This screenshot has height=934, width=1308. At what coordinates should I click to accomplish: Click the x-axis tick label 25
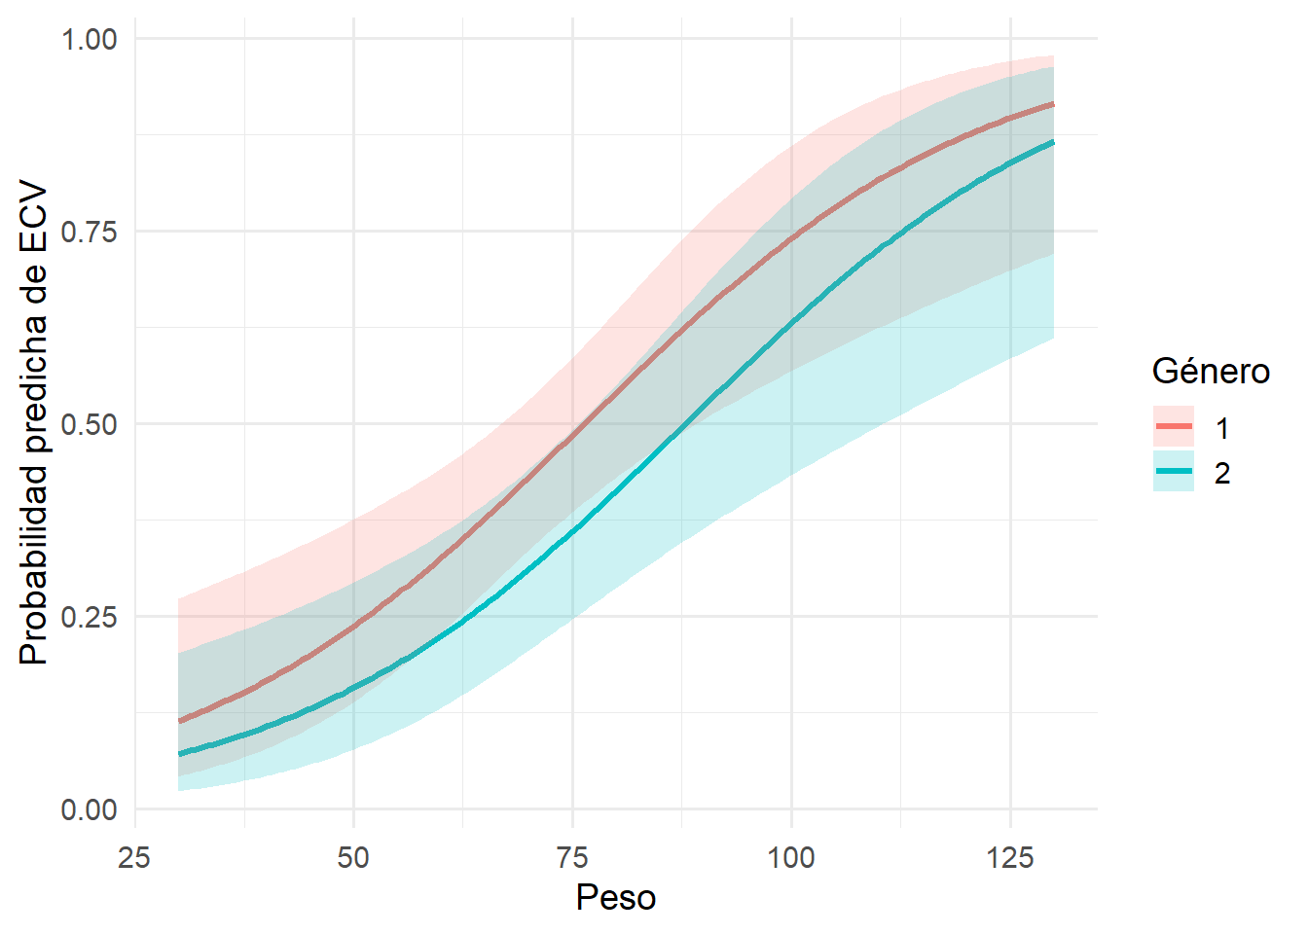(x=134, y=857)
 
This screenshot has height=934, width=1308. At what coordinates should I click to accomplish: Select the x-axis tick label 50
(x=353, y=857)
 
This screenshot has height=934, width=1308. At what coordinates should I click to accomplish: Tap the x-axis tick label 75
(x=572, y=857)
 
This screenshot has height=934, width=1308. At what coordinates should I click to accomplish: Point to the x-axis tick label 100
(x=791, y=857)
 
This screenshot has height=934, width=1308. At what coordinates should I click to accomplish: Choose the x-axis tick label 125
(x=1010, y=857)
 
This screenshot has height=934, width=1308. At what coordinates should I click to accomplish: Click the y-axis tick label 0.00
(x=89, y=809)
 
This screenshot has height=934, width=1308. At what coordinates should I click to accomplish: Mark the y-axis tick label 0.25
(x=89, y=617)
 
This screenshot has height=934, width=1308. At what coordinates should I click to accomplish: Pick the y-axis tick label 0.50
(x=89, y=424)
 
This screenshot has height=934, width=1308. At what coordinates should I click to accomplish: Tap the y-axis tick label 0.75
(x=89, y=232)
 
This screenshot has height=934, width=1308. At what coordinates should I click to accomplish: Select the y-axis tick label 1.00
(x=89, y=39)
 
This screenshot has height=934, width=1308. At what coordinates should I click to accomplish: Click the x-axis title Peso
(x=616, y=897)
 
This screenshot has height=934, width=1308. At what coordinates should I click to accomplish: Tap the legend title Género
(x=1211, y=371)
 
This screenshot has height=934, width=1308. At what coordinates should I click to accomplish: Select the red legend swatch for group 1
(x=1174, y=427)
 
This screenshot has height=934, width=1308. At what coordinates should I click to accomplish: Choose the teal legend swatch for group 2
(x=1174, y=472)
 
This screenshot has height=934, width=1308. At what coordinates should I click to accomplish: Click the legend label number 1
(x=1222, y=428)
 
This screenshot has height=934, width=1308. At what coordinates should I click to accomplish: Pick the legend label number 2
(x=1222, y=474)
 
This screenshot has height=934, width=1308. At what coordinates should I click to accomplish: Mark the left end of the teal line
(x=179, y=754)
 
